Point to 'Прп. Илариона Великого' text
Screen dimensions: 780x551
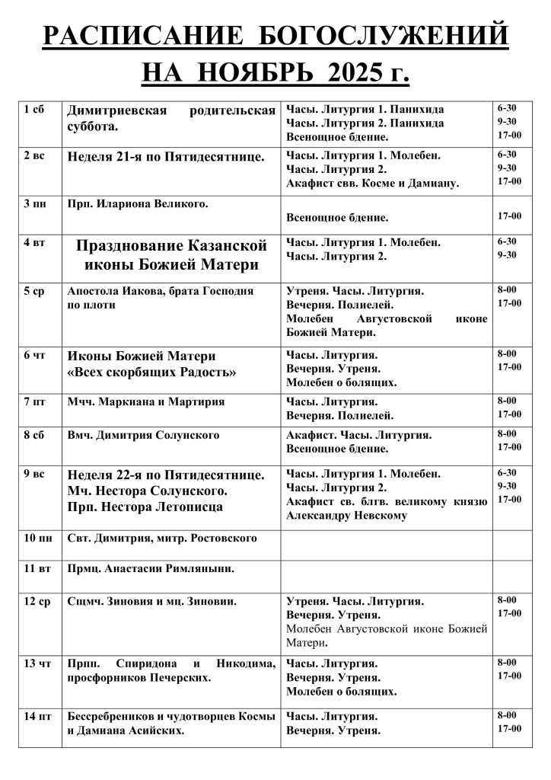[x=138, y=203]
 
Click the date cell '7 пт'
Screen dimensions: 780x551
[x=35, y=401]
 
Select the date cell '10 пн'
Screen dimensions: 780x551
[x=38, y=539]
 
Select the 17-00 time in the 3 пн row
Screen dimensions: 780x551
[x=509, y=216]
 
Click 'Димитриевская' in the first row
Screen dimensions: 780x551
[x=117, y=111]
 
